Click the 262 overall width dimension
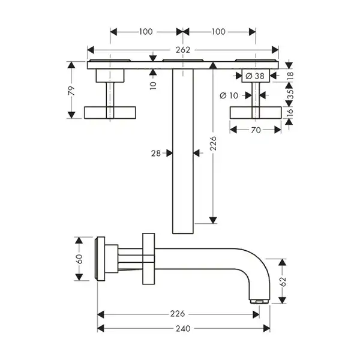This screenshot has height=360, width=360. (x=183, y=50)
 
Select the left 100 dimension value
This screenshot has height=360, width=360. (x=146, y=32)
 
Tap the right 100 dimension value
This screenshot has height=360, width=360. (x=218, y=32)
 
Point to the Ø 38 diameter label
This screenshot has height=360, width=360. (x=255, y=76)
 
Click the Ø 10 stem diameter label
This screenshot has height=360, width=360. (x=229, y=95)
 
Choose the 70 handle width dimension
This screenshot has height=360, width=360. (x=256, y=130)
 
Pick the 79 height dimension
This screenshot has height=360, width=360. (x=71, y=91)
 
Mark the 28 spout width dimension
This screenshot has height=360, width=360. (x=156, y=154)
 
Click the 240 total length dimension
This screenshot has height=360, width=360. (x=183, y=329)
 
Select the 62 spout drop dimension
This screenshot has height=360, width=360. (x=283, y=281)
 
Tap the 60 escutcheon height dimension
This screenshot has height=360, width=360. (x=79, y=259)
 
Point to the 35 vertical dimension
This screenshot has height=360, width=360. (x=290, y=94)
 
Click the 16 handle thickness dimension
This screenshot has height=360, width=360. (x=290, y=112)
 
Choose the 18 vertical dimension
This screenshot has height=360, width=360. (x=290, y=76)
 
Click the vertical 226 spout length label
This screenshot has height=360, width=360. (x=214, y=143)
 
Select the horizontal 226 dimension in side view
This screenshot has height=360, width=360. (x=178, y=314)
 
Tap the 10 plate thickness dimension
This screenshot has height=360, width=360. (x=153, y=85)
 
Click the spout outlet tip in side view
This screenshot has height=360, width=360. (x=260, y=301)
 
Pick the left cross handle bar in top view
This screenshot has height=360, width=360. (x=110, y=113)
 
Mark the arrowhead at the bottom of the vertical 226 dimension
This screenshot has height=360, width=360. (x=213, y=220)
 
